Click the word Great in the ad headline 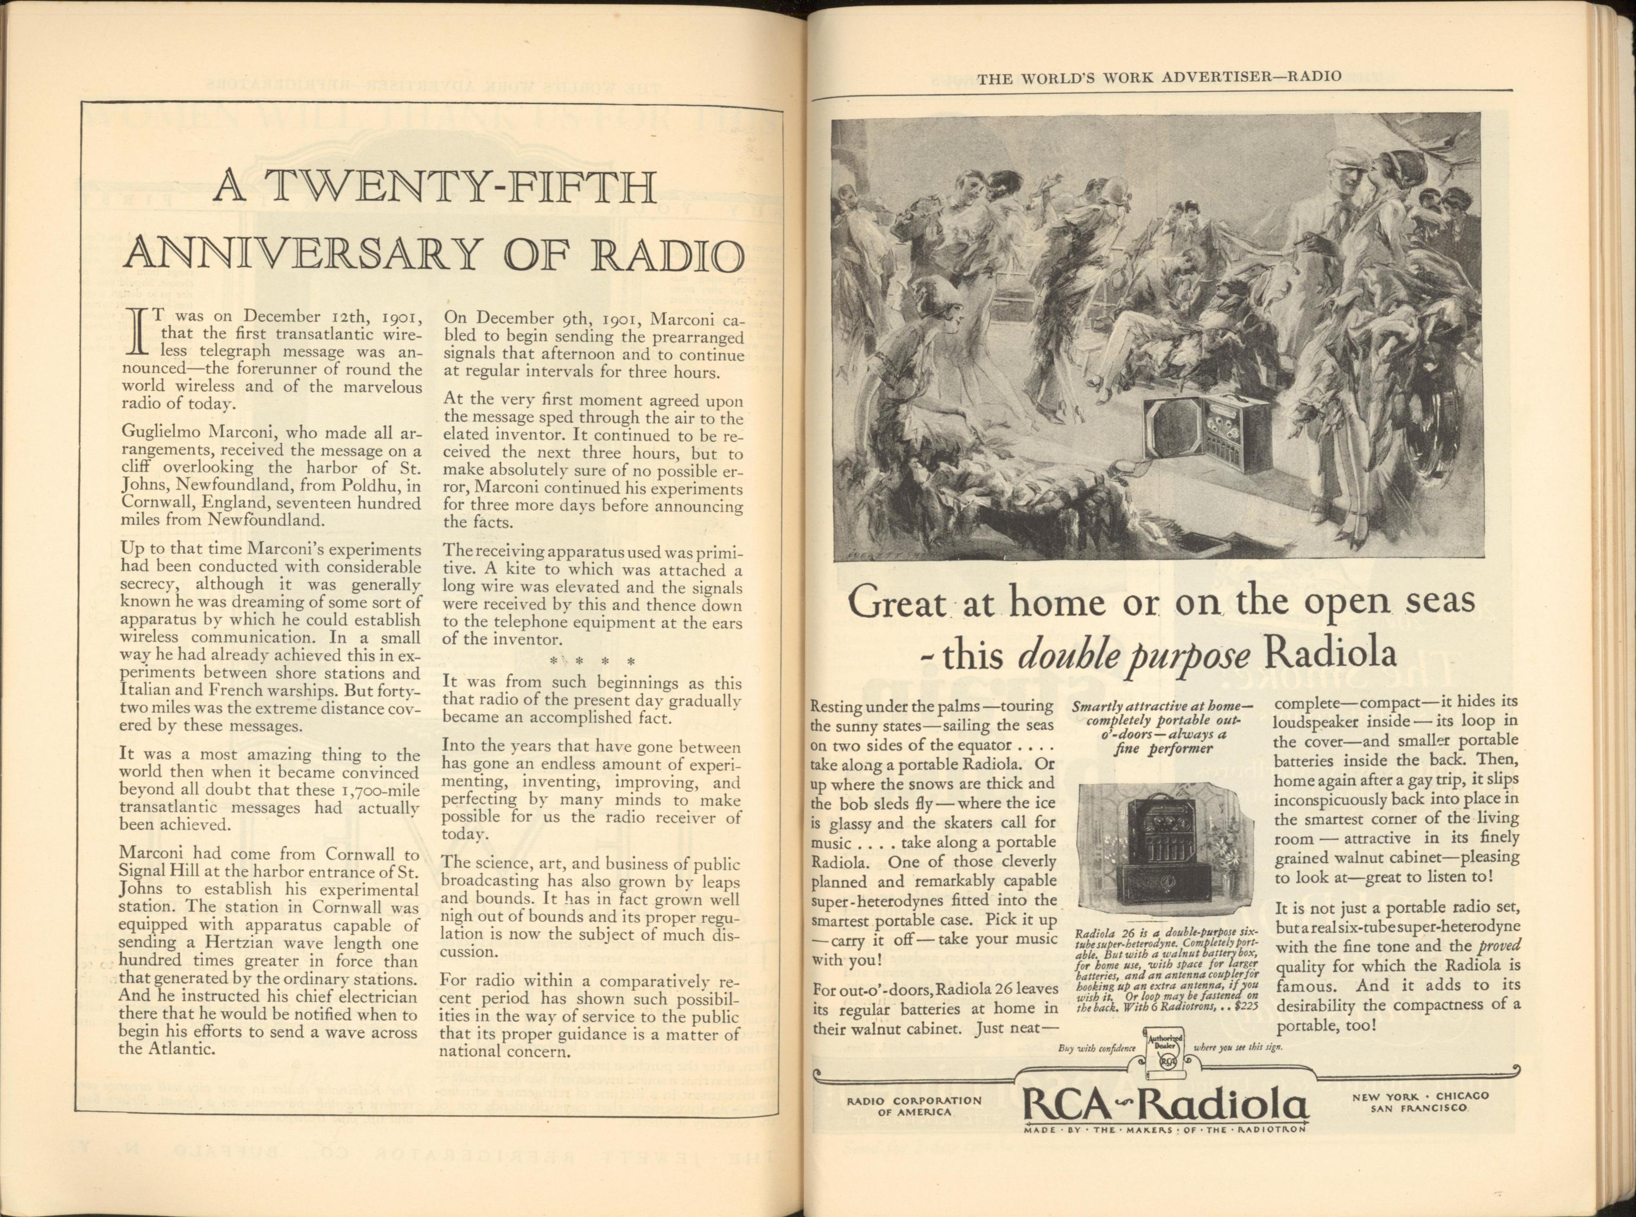896,605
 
